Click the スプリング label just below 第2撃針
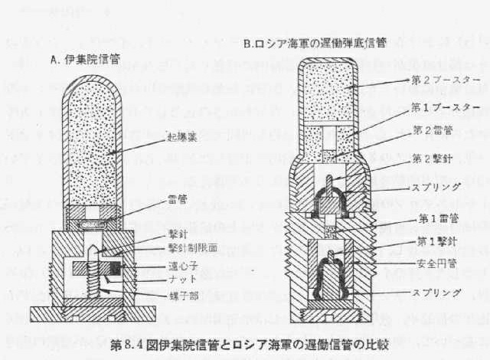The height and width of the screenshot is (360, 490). point(433,186)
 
